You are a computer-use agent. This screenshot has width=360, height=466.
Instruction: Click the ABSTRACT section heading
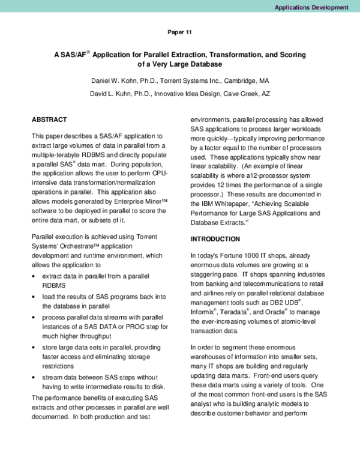click(49, 120)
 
